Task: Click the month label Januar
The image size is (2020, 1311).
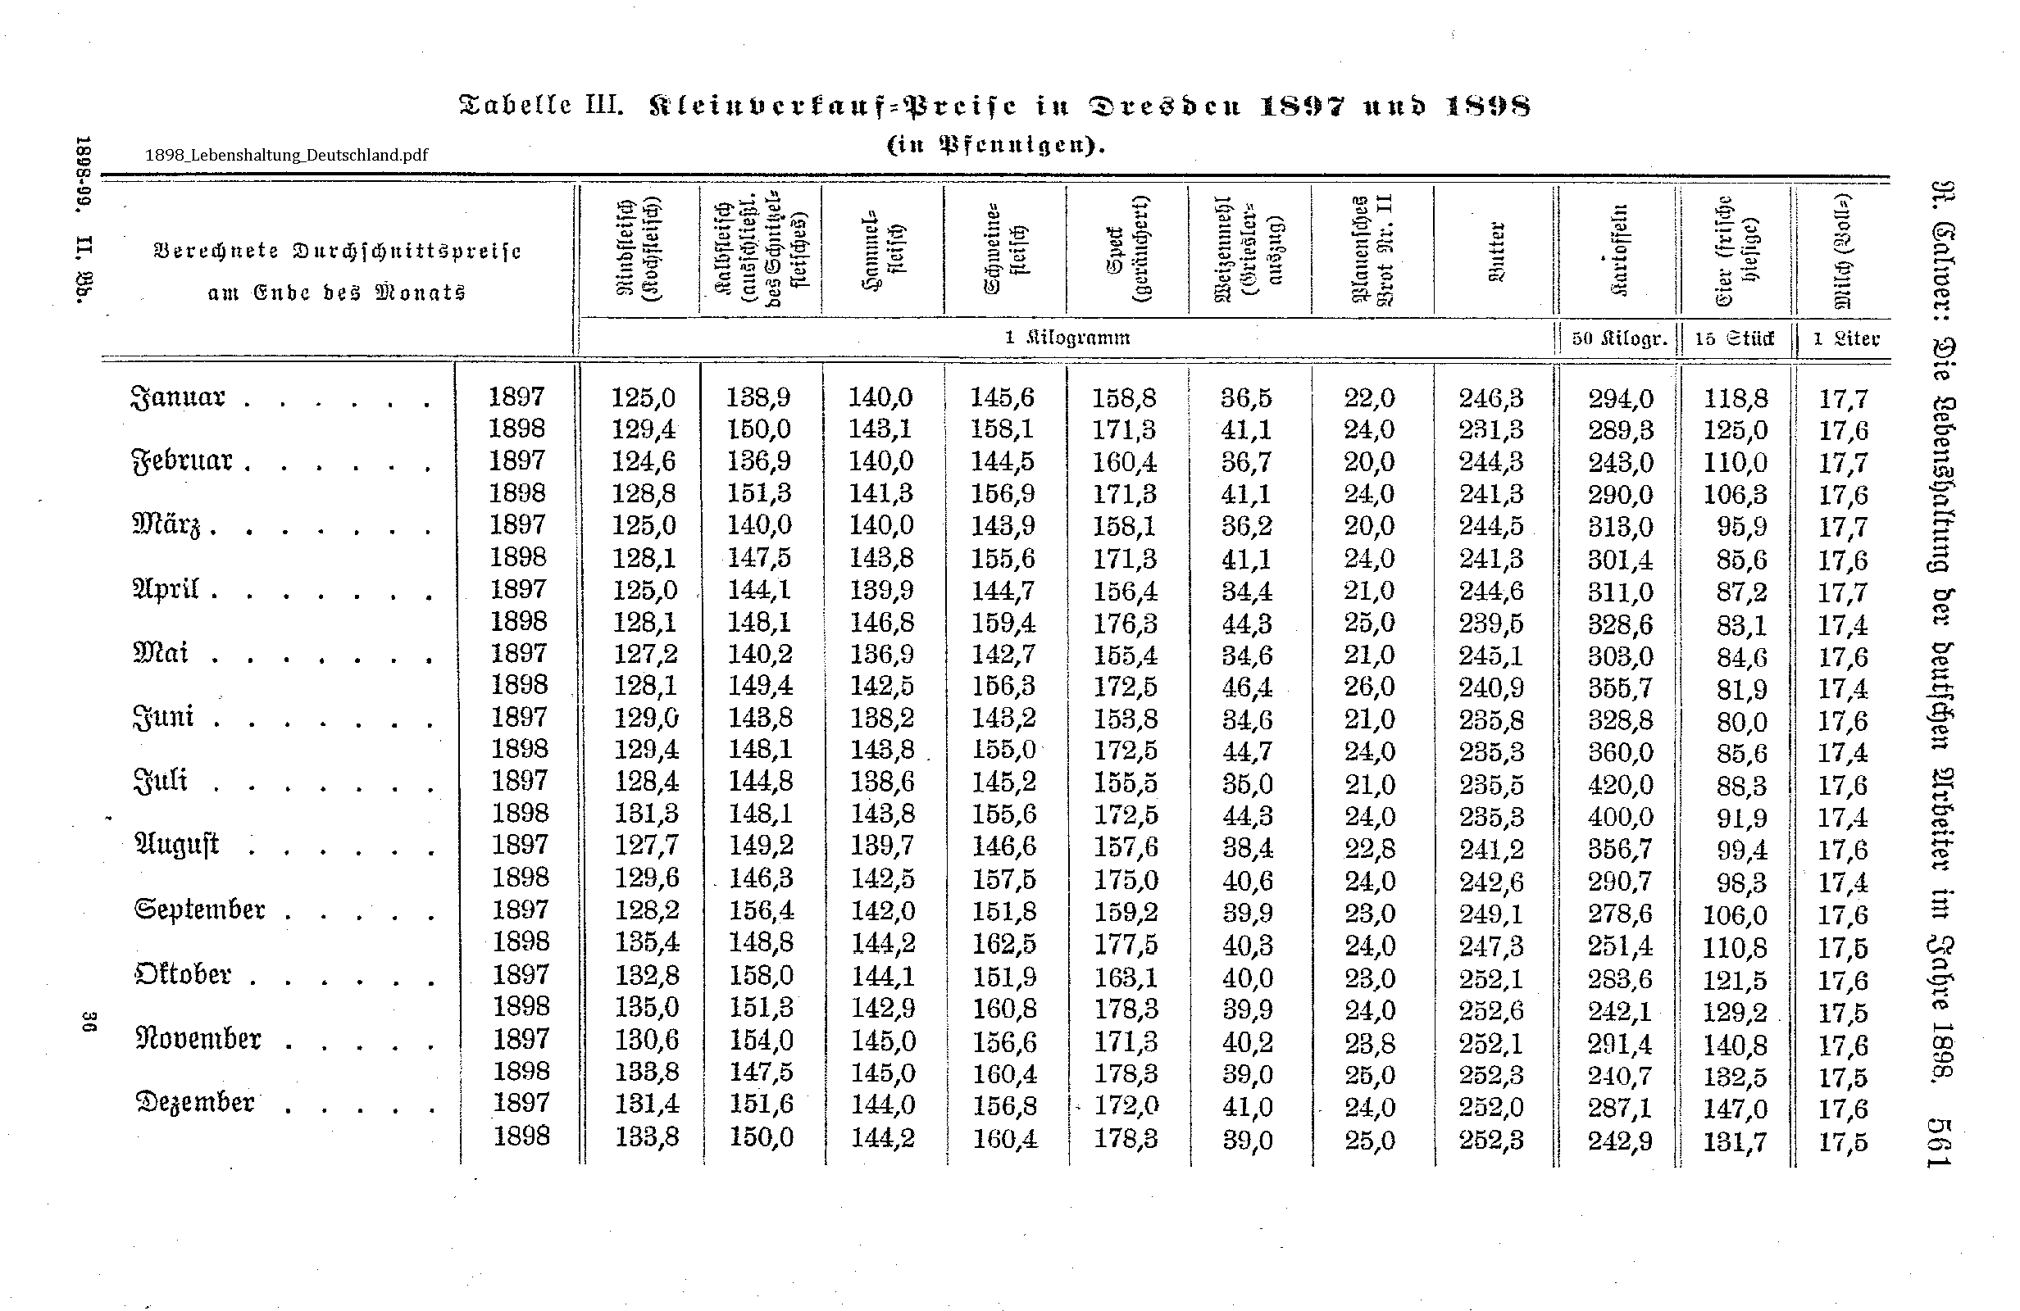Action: tap(178, 397)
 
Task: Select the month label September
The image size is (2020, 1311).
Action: tap(200, 910)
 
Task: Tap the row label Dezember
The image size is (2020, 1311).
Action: tap(195, 1102)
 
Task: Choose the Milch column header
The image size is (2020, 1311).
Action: tap(1843, 252)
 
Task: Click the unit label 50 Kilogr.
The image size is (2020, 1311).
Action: tap(1619, 338)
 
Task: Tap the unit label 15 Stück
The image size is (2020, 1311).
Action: tap(1734, 338)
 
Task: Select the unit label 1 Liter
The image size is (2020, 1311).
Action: tap(1845, 338)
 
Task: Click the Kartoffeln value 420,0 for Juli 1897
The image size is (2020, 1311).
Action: tap(1620, 784)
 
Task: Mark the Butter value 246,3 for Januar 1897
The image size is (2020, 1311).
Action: tap(1491, 397)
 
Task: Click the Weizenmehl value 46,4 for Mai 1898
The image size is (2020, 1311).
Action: tap(1247, 687)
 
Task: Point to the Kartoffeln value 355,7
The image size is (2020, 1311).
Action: tap(1620, 687)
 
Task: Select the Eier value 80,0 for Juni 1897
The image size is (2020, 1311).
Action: tap(1741, 721)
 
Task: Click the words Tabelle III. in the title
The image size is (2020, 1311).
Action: tap(540, 107)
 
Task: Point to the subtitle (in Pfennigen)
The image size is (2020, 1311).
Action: tap(995, 145)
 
